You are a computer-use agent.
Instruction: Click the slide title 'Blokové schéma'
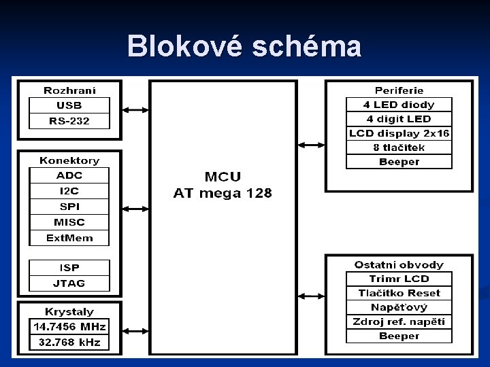(244, 47)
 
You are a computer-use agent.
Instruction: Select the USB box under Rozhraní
(69, 105)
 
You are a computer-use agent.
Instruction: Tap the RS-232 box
(69, 121)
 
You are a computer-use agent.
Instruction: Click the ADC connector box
(69, 175)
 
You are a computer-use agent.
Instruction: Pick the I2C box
(69, 191)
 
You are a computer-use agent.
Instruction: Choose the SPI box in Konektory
(69, 207)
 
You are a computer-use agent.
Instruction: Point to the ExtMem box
(69, 238)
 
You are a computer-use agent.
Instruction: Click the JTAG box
(69, 283)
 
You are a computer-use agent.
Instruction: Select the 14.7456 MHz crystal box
(69, 327)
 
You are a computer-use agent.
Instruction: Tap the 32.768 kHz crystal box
(69, 343)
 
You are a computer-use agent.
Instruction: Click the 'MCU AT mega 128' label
(223, 185)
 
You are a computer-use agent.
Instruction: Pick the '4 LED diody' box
(399, 105)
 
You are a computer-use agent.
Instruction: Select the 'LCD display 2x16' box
(399, 133)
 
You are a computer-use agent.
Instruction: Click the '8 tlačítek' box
(399, 147)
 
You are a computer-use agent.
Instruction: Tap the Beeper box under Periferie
(399, 162)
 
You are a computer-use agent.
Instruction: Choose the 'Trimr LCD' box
(399, 279)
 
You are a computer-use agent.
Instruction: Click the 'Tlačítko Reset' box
(399, 293)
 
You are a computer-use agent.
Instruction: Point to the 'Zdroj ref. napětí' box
(399, 321)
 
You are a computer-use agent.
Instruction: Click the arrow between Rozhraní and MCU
(135, 110)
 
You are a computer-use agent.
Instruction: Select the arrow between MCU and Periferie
(311, 144)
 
